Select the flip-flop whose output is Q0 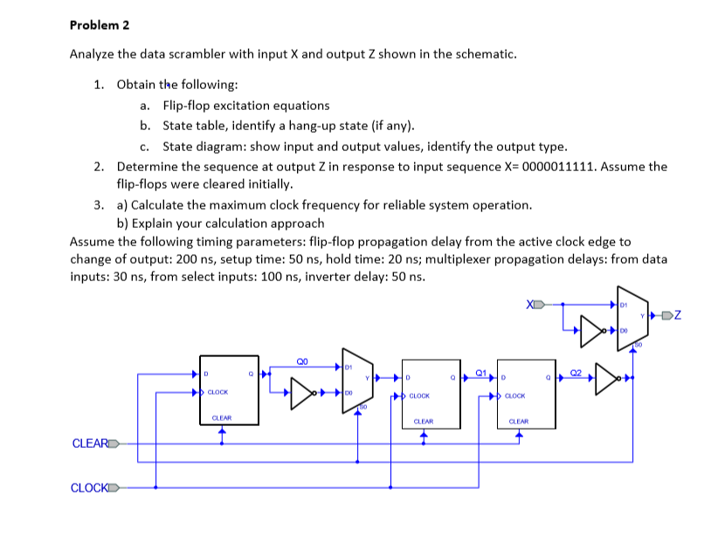coord(229,390)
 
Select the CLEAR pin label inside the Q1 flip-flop coord(423,421)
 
